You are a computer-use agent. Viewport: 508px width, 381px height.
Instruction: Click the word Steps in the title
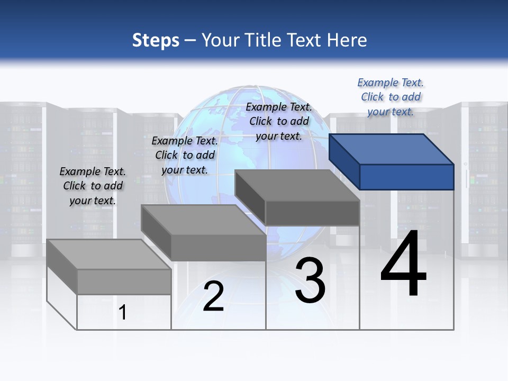pyautogui.click(x=156, y=40)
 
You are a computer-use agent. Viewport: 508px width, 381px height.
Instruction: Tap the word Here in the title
pyautogui.click(x=348, y=40)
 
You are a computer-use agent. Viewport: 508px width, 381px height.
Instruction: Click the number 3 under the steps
pyautogui.click(x=310, y=280)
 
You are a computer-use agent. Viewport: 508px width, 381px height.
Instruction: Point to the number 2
pyautogui.click(x=213, y=296)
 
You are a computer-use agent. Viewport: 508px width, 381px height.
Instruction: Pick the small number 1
pyautogui.click(x=123, y=312)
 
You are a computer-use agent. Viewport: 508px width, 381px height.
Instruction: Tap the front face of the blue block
pyautogui.click(x=406, y=177)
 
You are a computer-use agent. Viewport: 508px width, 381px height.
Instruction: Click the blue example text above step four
pyautogui.click(x=391, y=97)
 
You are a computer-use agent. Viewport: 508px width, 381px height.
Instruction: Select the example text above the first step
pyautogui.click(x=93, y=186)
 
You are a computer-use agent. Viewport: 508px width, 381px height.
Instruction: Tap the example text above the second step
pyautogui.click(x=185, y=155)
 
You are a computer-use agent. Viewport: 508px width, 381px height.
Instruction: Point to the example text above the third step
pyautogui.click(x=279, y=121)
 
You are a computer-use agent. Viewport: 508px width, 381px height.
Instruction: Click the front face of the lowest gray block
pyautogui.click(x=124, y=282)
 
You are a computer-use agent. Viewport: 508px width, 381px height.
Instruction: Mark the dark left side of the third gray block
pyautogui.click(x=250, y=197)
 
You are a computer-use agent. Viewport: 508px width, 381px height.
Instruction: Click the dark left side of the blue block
pyautogui.click(x=344, y=161)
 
